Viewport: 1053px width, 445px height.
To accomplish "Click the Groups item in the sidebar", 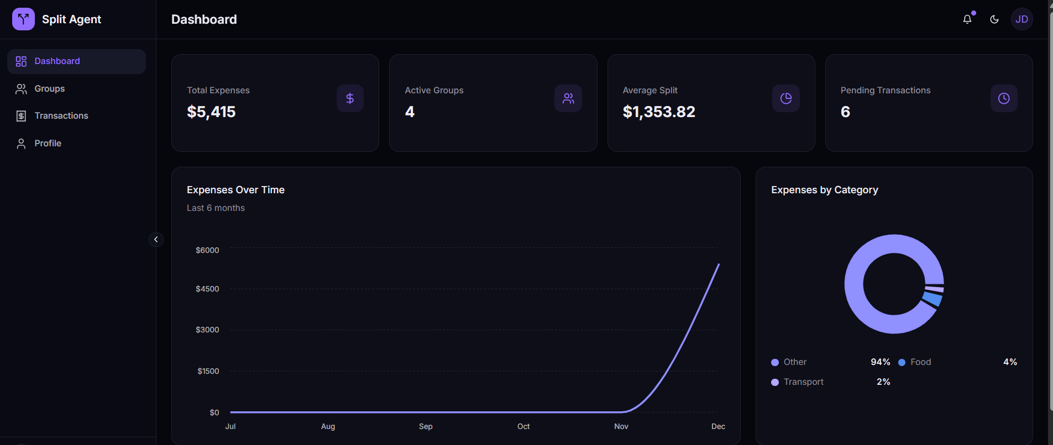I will (49, 89).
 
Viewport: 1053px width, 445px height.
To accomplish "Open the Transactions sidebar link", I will (61, 116).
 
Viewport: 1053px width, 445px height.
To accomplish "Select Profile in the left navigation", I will (48, 144).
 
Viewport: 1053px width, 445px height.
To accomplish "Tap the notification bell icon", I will (967, 19).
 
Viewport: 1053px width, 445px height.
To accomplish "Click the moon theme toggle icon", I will (994, 19).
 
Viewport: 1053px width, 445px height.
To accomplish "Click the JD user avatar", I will (1021, 19).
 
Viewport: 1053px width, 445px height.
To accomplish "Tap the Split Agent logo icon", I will (23, 19).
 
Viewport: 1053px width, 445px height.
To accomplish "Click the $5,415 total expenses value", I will (211, 112).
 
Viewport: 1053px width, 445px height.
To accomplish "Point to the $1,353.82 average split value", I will (658, 112).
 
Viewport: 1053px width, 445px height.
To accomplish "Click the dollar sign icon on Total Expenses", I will (350, 98).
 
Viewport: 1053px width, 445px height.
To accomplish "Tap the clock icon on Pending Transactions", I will (1003, 98).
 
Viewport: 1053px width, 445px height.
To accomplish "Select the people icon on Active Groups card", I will (568, 98).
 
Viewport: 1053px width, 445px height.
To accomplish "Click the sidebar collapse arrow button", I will (156, 240).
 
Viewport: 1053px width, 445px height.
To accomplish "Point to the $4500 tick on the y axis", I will (207, 289).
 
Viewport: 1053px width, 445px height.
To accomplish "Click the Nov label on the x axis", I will (621, 426).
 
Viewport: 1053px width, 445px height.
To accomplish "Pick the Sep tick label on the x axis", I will (426, 426).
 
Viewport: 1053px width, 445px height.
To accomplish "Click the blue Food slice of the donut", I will (932, 299).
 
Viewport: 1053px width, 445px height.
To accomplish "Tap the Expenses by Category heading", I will (824, 190).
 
